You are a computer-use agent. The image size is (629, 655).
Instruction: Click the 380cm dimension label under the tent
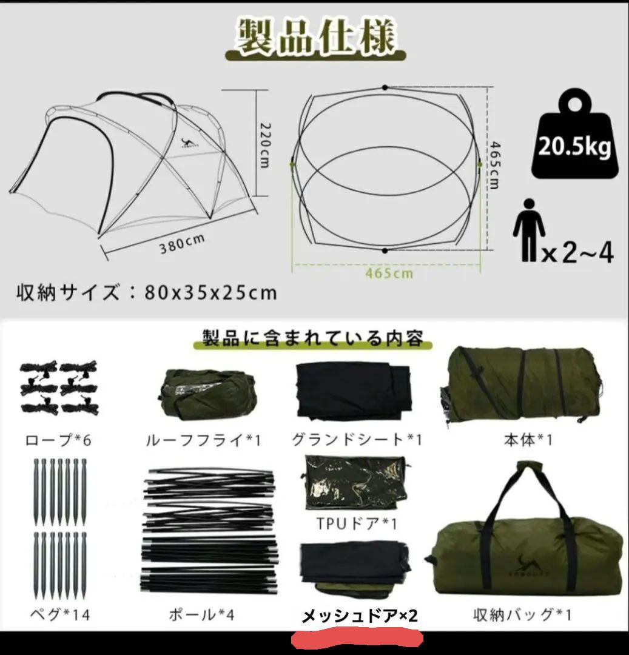click(181, 245)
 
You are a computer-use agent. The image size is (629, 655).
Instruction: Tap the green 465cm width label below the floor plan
click(389, 273)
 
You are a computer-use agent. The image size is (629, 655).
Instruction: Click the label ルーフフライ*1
click(204, 439)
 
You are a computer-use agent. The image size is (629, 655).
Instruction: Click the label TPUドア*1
click(348, 522)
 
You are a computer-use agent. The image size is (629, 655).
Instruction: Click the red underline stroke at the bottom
click(357, 639)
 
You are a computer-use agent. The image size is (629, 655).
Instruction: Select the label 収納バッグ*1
click(522, 614)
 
